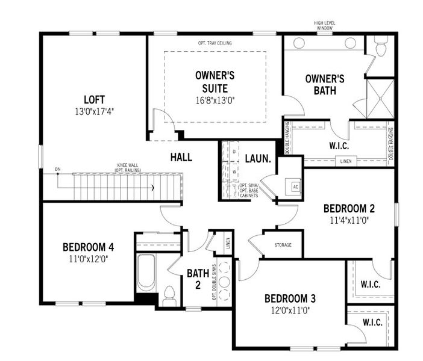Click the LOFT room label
tap(95, 99)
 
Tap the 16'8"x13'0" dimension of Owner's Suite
tap(215, 100)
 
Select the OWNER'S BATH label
tap(324, 85)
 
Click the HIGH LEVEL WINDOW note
tap(325, 25)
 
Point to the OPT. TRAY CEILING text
tap(215, 43)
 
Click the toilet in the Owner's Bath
tap(380, 47)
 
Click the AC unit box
tap(295, 186)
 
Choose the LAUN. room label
tap(257, 159)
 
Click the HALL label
tap(181, 158)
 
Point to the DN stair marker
tap(57, 169)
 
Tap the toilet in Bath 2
tap(169, 295)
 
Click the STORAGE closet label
tap(283, 245)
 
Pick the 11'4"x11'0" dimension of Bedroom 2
tap(349, 220)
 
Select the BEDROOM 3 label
tap(290, 298)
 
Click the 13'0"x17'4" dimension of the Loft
tap(95, 111)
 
